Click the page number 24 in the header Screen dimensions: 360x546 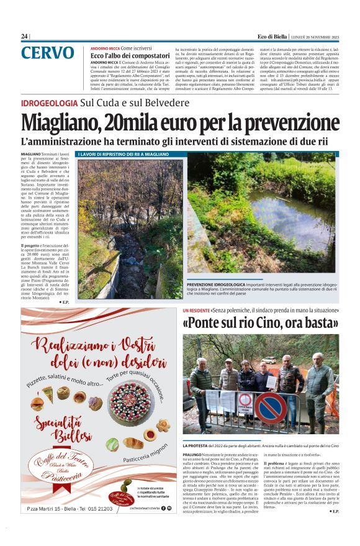24,36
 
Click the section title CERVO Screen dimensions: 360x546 47,53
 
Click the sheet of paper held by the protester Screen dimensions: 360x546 271,381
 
